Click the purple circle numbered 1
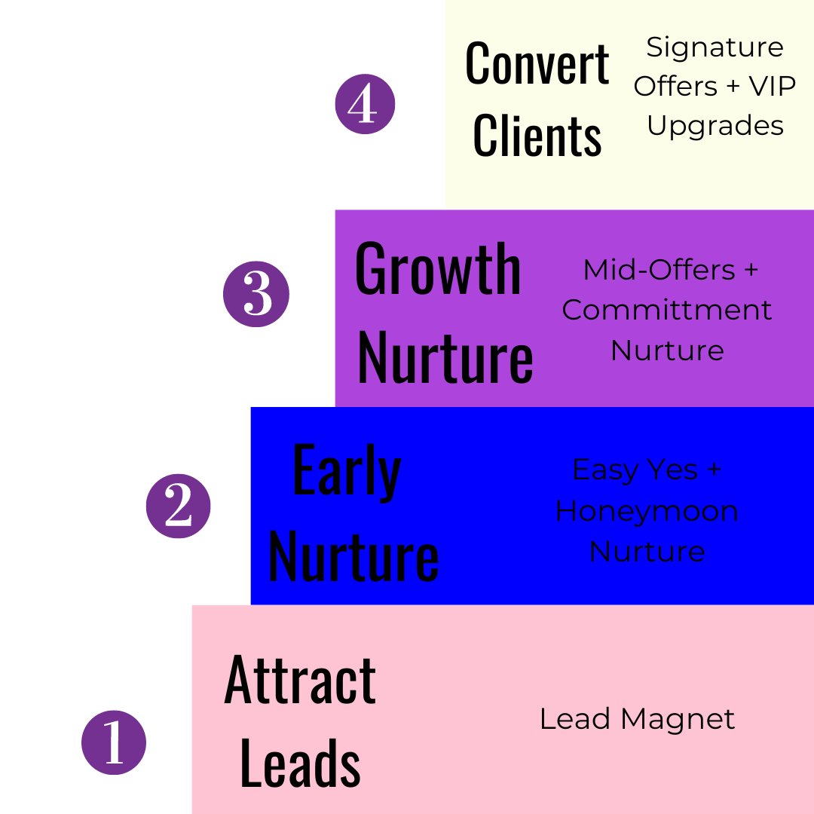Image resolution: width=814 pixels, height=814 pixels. tap(114, 742)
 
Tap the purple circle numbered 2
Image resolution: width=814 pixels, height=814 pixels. tap(179, 506)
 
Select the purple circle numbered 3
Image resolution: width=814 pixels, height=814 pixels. tap(256, 294)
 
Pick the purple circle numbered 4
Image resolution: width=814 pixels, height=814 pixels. tap(365, 104)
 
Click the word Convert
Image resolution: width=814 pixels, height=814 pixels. tap(537, 64)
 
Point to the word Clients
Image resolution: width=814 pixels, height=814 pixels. tap(537, 136)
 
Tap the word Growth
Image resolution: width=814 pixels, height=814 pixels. tap(438, 270)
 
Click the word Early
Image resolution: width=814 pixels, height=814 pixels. tap(347, 471)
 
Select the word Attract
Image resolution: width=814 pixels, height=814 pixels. tap(300, 681)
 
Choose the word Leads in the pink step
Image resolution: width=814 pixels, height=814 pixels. tap(300, 763)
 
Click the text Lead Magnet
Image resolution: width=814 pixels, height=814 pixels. tap(637, 719)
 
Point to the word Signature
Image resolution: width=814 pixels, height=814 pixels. tap(715, 47)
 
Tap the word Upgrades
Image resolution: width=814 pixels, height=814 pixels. tap(715, 125)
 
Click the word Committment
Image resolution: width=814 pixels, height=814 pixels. tap(667, 310)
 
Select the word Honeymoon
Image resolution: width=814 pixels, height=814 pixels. tap(647, 511)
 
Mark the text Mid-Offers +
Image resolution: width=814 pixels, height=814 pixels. tap(670, 270)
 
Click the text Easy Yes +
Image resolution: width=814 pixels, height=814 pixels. tap(647, 470)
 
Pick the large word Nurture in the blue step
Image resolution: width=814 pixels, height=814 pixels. tap(353, 556)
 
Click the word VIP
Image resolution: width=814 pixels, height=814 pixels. tap(772, 87)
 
